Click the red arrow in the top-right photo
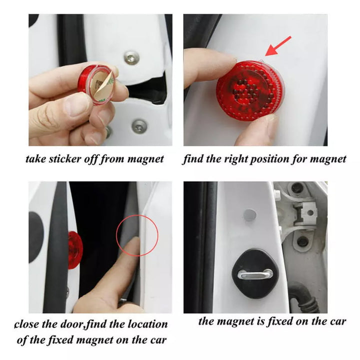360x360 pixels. (x=278, y=46)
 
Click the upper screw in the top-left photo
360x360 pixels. (x=132, y=58)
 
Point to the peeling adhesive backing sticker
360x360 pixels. (x=103, y=85)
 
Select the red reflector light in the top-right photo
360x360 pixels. (x=250, y=90)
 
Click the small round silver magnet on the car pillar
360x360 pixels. (x=249, y=215)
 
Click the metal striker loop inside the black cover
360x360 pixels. (x=255, y=274)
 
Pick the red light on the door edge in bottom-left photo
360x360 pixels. (x=75, y=250)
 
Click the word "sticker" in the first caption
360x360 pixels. (x=65, y=159)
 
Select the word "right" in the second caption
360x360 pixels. (x=236, y=159)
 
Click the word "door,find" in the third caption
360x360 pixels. (x=84, y=324)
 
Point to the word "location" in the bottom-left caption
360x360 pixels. (x=147, y=324)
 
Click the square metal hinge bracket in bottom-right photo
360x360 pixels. (x=306, y=213)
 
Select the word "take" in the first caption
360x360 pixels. (x=36, y=159)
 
